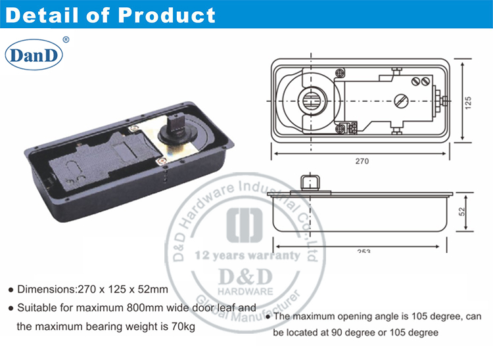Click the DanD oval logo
34,55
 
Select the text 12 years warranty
246,255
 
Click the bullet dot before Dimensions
10,289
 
